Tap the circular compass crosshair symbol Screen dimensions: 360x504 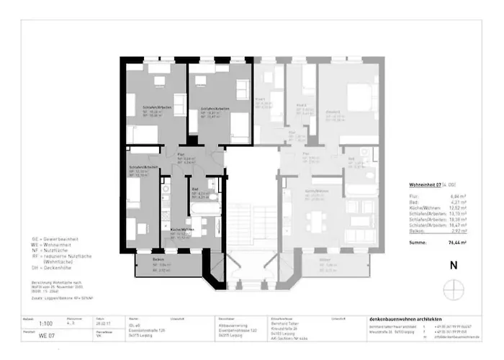(x=452, y=289)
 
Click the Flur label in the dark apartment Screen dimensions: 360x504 (x=182, y=154)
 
